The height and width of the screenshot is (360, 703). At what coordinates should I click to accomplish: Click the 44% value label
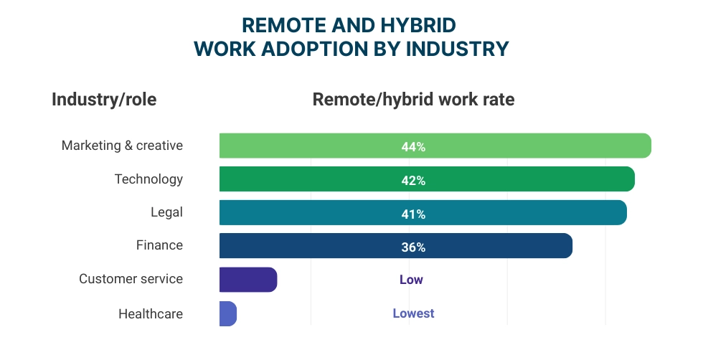pyautogui.click(x=413, y=147)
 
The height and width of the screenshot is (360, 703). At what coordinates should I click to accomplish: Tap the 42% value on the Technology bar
pyautogui.click(x=413, y=181)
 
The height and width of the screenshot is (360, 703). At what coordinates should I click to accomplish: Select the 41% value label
pyautogui.click(x=413, y=214)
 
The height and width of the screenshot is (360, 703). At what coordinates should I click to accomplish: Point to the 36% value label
pyautogui.click(x=413, y=247)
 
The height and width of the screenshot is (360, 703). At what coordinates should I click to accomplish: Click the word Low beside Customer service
pyautogui.click(x=411, y=280)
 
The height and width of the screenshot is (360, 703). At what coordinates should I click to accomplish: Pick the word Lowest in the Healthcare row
pyautogui.click(x=413, y=313)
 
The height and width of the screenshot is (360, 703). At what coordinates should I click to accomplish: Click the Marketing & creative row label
pyautogui.click(x=122, y=146)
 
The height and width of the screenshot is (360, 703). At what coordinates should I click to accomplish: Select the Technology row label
pyautogui.click(x=148, y=179)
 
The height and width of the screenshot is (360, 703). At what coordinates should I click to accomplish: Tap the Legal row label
pyautogui.click(x=166, y=212)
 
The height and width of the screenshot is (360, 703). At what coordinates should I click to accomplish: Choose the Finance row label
pyautogui.click(x=159, y=245)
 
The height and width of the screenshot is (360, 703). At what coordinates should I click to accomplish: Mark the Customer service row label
pyautogui.click(x=131, y=279)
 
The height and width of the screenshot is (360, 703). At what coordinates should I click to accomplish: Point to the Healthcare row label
pyautogui.click(x=150, y=314)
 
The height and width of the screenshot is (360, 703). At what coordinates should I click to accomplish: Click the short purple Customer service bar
pyautogui.click(x=247, y=280)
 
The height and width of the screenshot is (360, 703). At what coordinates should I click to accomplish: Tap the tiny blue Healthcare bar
pyautogui.click(x=227, y=313)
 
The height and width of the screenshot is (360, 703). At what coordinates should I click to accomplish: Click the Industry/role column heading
pyautogui.click(x=104, y=100)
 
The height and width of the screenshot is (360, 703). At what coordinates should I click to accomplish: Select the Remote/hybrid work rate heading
pyautogui.click(x=413, y=100)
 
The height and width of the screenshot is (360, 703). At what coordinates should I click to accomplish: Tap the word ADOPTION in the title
pyautogui.click(x=320, y=49)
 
